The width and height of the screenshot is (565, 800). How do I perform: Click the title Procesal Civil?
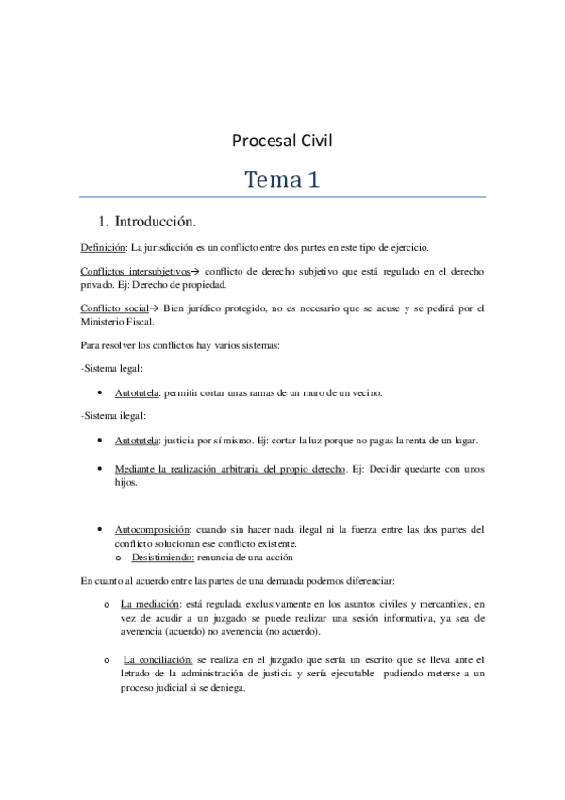[282, 142]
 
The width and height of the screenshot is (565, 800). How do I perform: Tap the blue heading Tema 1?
[282, 179]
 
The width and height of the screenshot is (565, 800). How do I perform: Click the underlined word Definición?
[103, 248]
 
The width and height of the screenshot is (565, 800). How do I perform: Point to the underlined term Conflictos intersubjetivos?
[136, 272]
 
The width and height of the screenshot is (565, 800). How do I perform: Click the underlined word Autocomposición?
[152, 530]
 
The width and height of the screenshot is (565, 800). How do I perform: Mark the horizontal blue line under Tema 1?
[282, 197]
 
